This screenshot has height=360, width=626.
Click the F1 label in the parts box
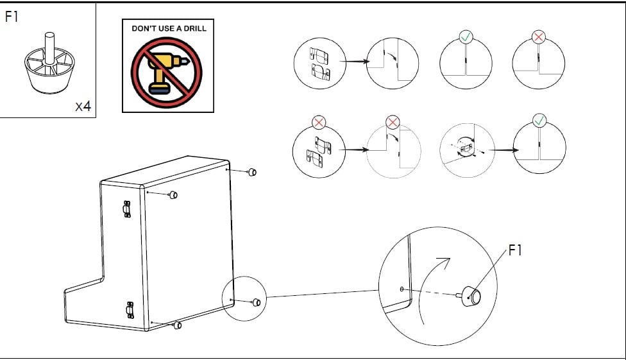click(12, 17)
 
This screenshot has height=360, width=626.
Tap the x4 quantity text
click(83, 107)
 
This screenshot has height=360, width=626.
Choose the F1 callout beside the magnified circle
click(515, 250)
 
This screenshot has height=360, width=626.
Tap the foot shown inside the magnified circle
click(474, 296)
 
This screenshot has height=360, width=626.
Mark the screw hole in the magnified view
click(402, 289)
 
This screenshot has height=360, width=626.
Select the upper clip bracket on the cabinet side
click(126, 209)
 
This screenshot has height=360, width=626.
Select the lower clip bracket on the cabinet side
click(130, 309)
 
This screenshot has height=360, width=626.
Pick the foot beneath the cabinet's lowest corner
click(178, 325)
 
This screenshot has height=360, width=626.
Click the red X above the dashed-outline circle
click(393, 121)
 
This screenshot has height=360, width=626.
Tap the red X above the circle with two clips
click(319, 121)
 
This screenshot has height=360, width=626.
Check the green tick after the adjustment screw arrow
click(540, 120)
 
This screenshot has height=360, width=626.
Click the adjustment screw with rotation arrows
click(467, 148)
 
